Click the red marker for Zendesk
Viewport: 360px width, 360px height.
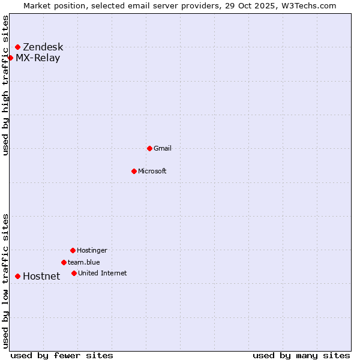click(17, 47)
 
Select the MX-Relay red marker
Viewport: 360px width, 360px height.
click(10, 58)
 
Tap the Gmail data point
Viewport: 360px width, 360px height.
click(149, 148)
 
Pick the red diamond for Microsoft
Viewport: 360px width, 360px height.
click(134, 171)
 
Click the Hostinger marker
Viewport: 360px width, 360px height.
click(73, 250)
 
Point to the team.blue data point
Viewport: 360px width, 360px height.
click(64, 262)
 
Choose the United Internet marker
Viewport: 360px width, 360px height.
click(74, 273)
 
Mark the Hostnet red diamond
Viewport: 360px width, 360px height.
click(17, 276)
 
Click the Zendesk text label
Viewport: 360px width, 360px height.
click(43, 47)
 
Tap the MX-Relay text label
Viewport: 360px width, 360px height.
click(38, 58)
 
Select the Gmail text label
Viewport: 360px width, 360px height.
click(163, 148)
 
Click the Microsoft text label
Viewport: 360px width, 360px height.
click(152, 171)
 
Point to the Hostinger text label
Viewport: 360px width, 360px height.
click(92, 250)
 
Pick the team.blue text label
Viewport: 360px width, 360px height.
click(84, 262)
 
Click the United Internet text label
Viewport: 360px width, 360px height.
click(103, 273)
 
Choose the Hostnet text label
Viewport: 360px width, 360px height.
click(41, 277)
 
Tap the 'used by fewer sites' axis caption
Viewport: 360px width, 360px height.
click(62, 355)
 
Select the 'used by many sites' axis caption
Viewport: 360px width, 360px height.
click(301, 355)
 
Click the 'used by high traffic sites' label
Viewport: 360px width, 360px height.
click(6, 85)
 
